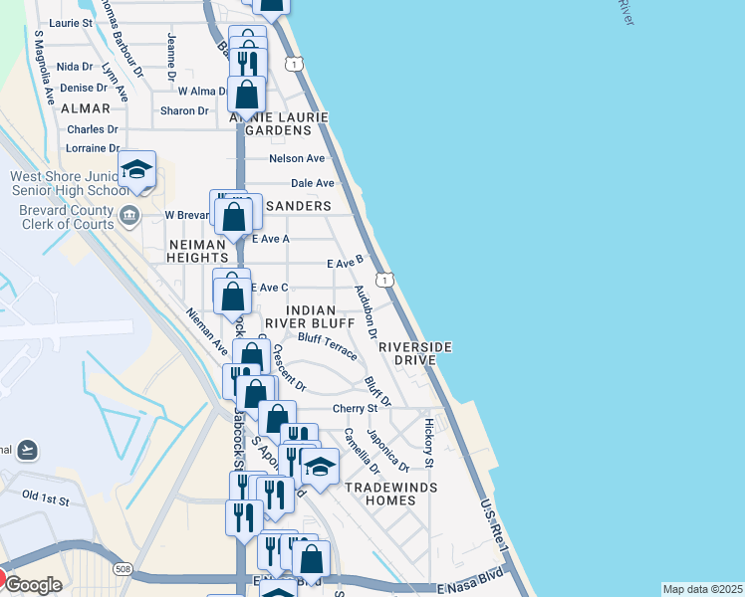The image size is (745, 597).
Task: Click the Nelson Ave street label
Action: tap(297, 158)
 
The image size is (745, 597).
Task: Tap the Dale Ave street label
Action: tap(312, 183)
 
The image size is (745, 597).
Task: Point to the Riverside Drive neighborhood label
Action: tap(415, 352)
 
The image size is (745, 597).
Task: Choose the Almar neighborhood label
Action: tap(85, 107)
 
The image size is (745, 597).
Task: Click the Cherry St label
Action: tap(355, 408)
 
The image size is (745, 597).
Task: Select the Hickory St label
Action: tap(429, 443)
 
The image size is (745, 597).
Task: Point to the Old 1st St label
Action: tap(45, 497)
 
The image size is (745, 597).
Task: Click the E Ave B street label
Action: tap(345, 263)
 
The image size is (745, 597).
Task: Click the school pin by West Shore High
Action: tap(137, 170)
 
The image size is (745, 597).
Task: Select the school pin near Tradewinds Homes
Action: tap(320, 466)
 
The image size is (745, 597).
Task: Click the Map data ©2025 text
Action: tap(701, 589)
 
